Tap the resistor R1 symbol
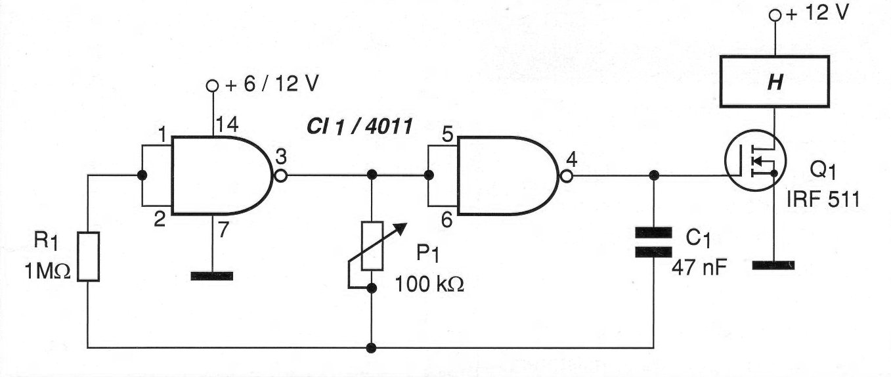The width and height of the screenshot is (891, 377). (88, 256)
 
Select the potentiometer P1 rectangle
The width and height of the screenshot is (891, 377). (372, 246)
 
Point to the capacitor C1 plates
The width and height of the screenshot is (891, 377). (654, 242)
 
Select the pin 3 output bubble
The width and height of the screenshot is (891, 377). (280, 175)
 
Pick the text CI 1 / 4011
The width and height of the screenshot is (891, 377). (359, 127)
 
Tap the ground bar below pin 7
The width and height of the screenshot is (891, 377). (211, 276)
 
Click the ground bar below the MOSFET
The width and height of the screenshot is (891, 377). (773, 265)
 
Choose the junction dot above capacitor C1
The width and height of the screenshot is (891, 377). (654, 175)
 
